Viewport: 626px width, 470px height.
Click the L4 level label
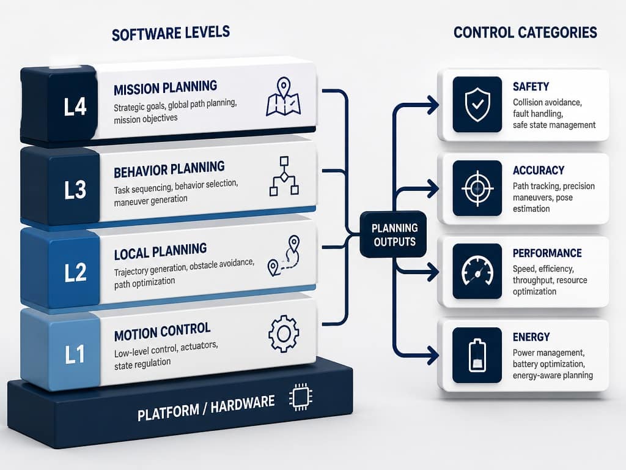pos(75,106)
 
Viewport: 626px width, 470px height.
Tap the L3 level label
pos(75,190)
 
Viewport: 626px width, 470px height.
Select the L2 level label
pos(75,272)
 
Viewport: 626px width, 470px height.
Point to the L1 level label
pos(75,354)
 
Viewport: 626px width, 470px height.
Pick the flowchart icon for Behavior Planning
pos(284,176)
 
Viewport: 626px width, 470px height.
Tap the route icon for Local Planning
pos(284,256)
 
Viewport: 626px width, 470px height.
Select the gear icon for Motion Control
pos(284,334)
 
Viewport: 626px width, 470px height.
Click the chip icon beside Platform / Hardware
pos(301,397)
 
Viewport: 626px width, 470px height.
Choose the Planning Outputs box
pos(393,234)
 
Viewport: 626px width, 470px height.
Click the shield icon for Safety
pos(477,105)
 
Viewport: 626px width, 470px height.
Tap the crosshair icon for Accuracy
pos(477,188)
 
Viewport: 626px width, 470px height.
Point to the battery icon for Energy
pos(477,356)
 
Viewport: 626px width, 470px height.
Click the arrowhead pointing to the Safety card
pos(433,105)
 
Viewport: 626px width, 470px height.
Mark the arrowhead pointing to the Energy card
pos(433,356)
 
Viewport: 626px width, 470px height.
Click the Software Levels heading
pos(171,33)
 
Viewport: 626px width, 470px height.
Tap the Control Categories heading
pos(525,32)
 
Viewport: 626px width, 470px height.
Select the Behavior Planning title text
pos(169,169)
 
